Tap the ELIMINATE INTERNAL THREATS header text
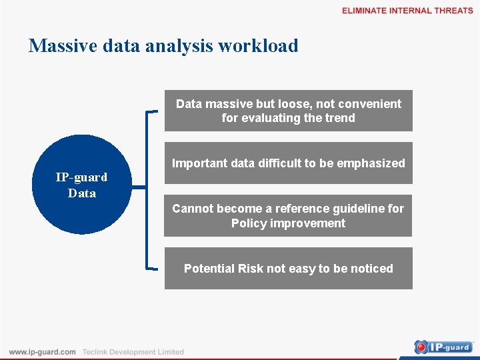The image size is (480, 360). [407, 11]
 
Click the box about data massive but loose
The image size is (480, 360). [288, 111]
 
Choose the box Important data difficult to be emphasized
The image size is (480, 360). [288, 163]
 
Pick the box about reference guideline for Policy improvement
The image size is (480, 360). [288, 216]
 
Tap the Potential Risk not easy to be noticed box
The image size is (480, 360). [288, 269]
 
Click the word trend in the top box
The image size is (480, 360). [339, 118]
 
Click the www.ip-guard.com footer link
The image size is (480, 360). [42, 352]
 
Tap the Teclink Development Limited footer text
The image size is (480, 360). [133, 352]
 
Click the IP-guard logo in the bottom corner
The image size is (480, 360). [443, 347]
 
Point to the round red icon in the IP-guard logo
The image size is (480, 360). [422, 347]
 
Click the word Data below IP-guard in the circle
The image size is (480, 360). [81, 193]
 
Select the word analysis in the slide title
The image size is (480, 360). [179, 46]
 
